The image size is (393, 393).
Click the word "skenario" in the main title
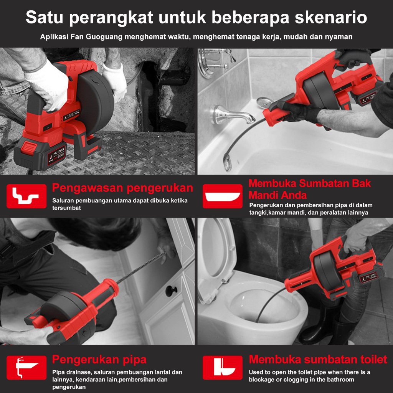coord(331,17)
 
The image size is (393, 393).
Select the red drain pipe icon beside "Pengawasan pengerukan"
coord(26,196)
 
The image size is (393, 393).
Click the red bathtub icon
coord(223,196)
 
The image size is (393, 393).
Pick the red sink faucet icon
coord(26,367)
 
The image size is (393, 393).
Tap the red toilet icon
coord(223,367)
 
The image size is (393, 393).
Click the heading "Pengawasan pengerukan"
coord(122,188)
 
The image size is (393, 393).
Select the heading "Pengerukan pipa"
coord(99,360)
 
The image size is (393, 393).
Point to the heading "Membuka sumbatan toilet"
coord(318,359)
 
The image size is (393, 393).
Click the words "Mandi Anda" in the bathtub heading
coord(278,195)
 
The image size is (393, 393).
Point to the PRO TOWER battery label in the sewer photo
coord(57,156)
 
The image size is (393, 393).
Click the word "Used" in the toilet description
coord(255,372)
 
